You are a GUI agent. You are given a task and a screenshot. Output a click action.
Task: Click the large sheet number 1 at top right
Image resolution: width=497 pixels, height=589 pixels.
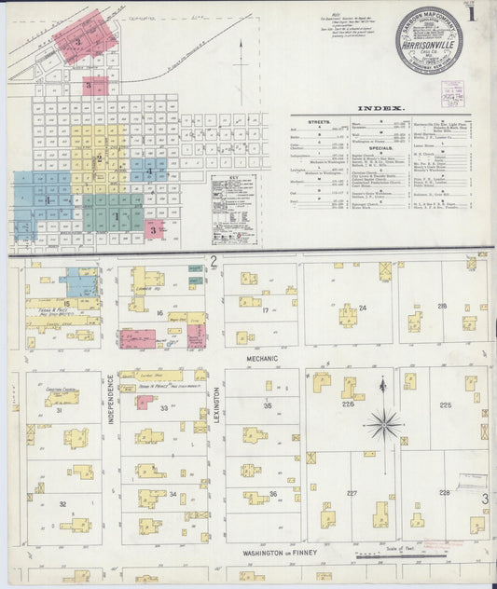point(475,15)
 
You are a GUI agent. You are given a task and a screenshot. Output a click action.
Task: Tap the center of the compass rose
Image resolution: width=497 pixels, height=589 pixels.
point(383,424)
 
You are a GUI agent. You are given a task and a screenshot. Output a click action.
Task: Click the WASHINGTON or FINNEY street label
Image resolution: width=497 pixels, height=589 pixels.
point(281,553)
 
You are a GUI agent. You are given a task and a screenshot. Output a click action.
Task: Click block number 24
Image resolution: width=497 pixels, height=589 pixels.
point(363,308)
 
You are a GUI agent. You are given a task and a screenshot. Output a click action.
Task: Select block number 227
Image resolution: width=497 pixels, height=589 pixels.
point(352,493)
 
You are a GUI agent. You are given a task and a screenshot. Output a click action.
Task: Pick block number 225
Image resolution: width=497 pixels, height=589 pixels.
point(446,404)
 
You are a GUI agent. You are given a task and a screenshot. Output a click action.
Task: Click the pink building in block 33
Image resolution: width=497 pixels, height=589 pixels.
point(144,402)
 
